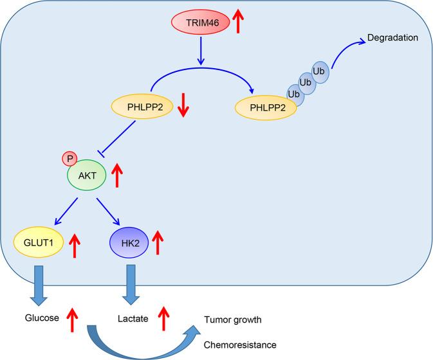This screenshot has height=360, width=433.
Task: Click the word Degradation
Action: [x=393, y=38]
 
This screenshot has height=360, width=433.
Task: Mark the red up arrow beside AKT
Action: [x=116, y=175]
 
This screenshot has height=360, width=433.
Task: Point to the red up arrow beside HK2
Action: [x=158, y=244]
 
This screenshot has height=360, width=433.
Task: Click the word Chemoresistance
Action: [x=240, y=345]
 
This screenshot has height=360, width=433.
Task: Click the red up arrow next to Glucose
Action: [x=73, y=319]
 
